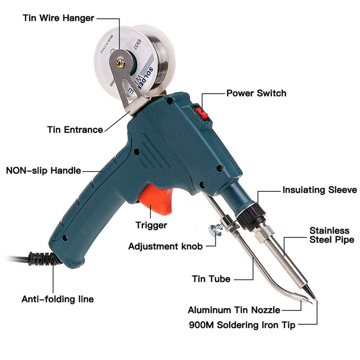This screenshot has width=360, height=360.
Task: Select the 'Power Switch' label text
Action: (256, 93)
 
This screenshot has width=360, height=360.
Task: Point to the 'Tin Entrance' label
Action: (75, 130)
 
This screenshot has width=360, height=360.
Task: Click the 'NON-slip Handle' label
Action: (43, 170)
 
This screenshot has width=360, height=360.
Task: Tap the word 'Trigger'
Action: (151, 225)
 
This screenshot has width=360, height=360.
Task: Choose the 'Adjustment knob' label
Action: (165, 247)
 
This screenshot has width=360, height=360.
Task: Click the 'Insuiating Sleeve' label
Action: (319, 190)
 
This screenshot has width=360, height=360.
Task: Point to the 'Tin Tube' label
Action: (211, 279)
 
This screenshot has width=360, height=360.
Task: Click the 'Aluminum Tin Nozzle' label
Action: (234, 310)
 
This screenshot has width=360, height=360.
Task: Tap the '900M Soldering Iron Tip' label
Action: (242, 325)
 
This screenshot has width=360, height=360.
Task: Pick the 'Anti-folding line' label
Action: (58, 299)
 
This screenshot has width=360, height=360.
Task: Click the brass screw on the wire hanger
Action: (121, 63)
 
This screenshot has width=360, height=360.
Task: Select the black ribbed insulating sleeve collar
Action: (251, 216)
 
